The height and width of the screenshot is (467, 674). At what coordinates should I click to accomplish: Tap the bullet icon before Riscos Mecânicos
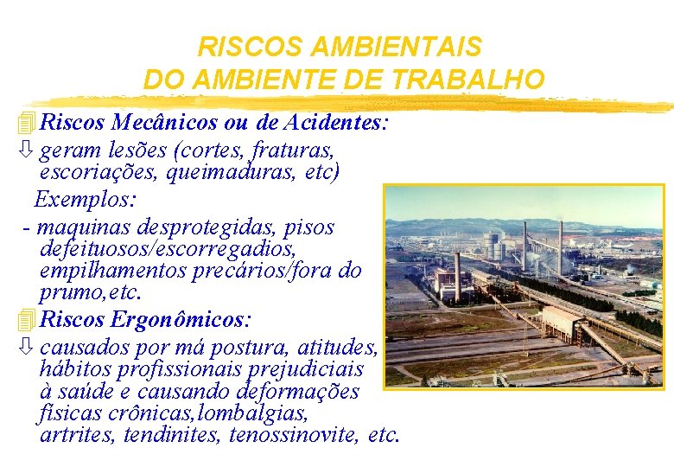pyautogui.click(x=27, y=124)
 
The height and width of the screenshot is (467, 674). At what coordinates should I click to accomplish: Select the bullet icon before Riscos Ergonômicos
pyautogui.click(x=27, y=320)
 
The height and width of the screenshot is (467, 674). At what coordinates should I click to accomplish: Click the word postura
pyautogui.click(x=248, y=348)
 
